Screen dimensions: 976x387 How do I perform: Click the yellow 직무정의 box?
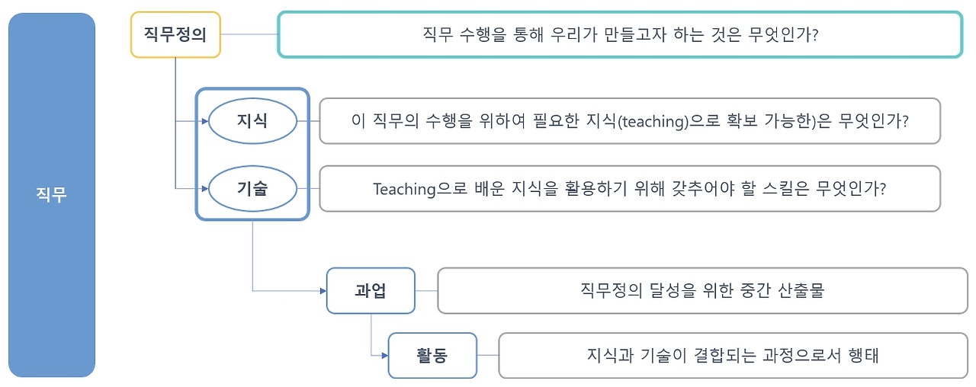pos(175,34)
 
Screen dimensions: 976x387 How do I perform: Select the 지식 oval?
pos(252,120)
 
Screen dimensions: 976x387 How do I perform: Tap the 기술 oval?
pos(252,188)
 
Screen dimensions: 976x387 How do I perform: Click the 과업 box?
pos(371,290)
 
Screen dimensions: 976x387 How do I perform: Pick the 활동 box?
pos(432,355)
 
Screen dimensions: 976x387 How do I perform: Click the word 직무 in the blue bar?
pos(52,195)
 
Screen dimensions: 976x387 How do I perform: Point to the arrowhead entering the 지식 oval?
pos(204,120)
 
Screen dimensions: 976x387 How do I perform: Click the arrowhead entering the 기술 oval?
pos(204,188)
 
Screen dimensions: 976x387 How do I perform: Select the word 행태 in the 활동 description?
pos(862,355)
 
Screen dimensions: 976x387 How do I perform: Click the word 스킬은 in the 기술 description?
pos(769,189)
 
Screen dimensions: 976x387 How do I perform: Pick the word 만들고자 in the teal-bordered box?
pos(605,34)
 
